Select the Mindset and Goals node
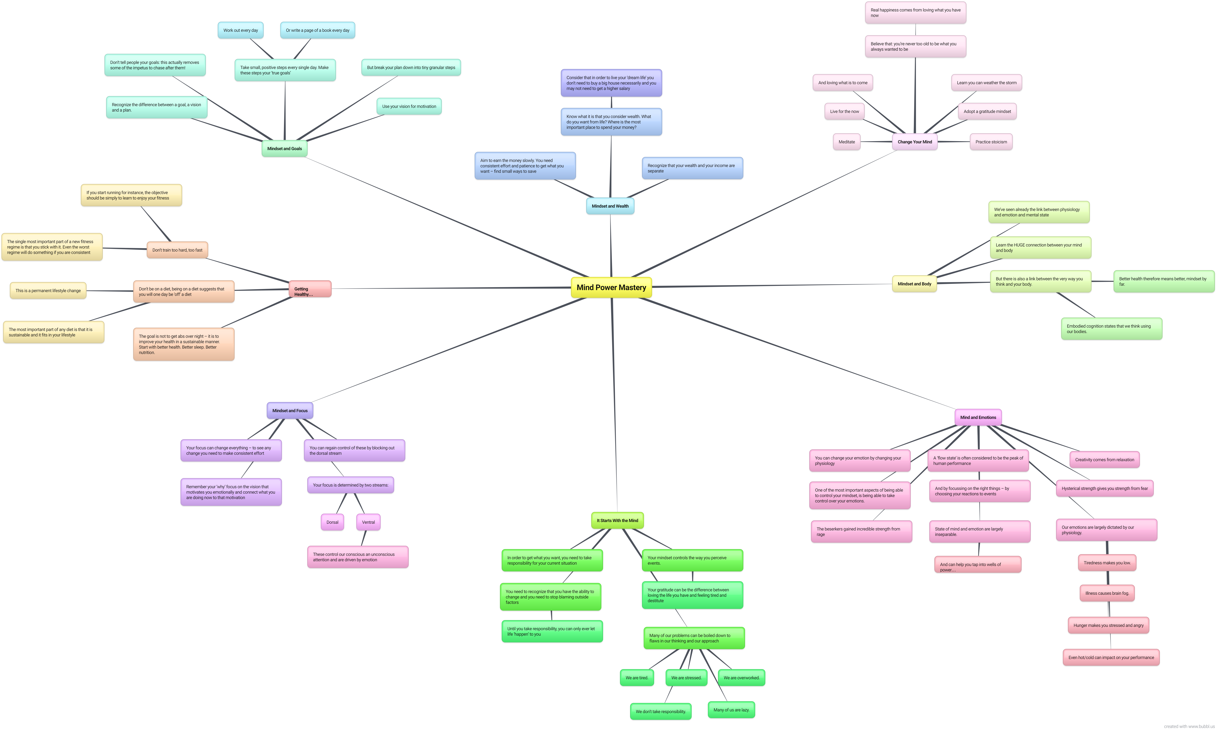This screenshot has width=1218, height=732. [x=284, y=148]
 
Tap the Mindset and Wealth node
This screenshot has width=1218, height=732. [x=610, y=206]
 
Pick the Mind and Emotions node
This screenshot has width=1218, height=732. [x=978, y=417]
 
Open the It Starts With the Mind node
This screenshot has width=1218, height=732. [x=617, y=520]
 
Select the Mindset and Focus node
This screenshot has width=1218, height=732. [x=290, y=410]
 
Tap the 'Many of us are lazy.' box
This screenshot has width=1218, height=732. [x=731, y=710]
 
